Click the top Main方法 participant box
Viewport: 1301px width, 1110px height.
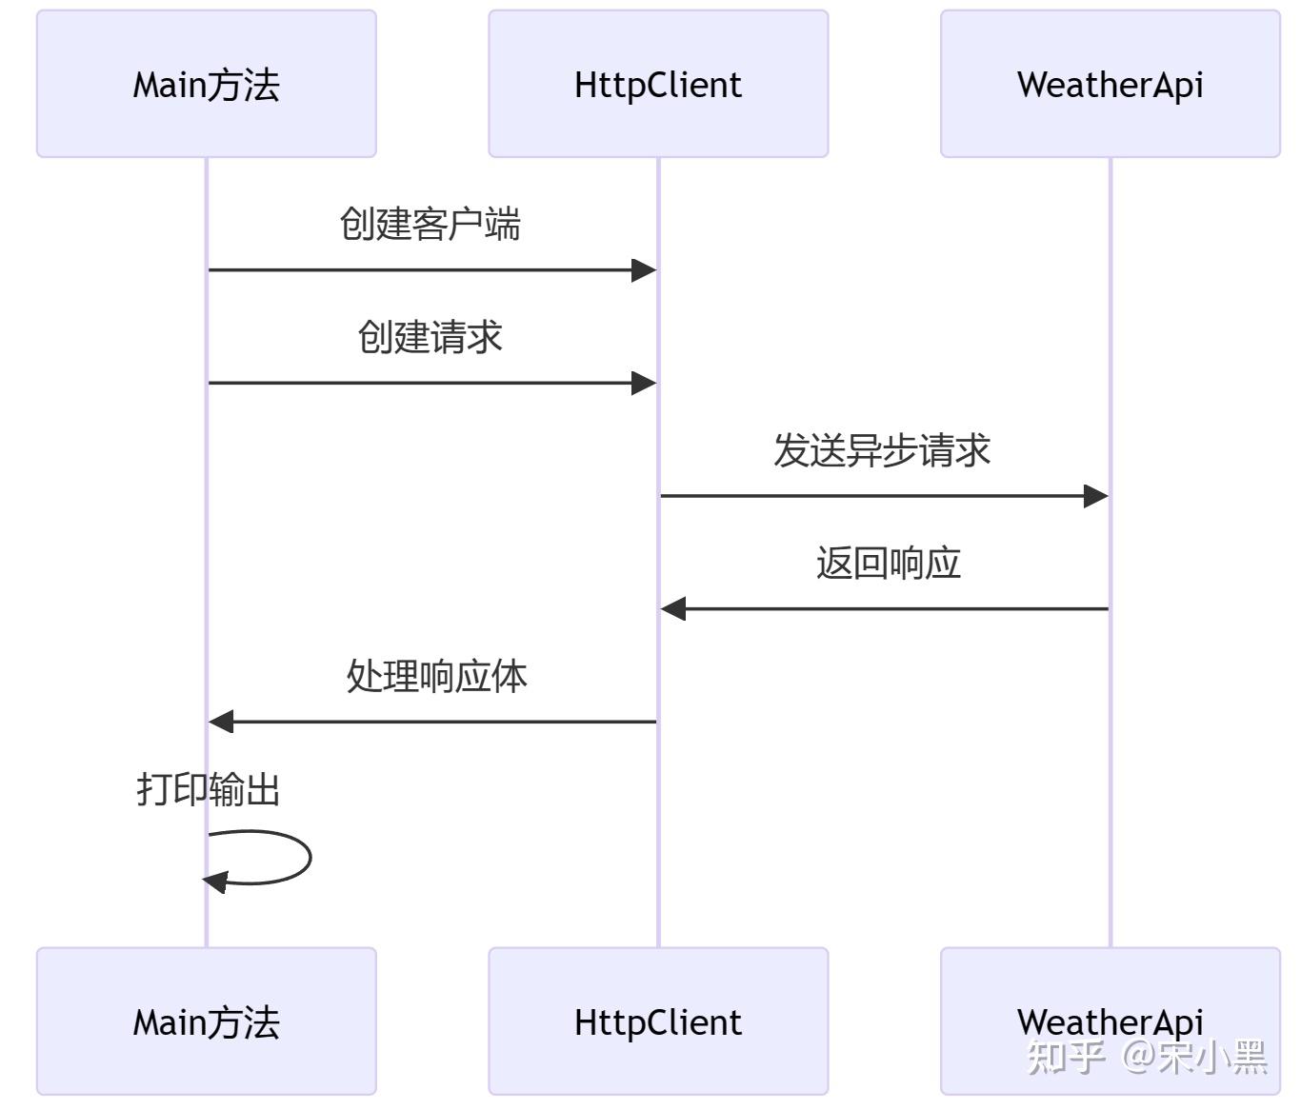(x=207, y=85)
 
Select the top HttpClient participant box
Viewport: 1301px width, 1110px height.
(x=658, y=85)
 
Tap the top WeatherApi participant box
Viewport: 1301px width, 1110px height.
(x=1110, y=85)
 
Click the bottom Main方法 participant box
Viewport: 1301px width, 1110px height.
(x=207, y=1021)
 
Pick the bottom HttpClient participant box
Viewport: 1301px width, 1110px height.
(x=658, y=1021)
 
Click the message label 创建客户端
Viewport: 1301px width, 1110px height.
(x=430, y=225)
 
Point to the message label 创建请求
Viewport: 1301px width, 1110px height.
(x=430, y=337)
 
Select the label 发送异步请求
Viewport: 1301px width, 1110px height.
(x=882, y=450)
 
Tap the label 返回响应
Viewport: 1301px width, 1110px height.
(x=888, y=563)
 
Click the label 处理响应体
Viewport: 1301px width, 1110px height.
(x=436, y=676)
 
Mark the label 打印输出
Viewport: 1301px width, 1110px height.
(x=208, y=789)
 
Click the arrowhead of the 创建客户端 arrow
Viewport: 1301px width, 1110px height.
(x=645, y=270)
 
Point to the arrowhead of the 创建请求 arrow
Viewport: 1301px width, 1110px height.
(x=645, y=384)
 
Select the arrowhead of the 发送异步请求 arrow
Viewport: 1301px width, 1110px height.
(x=1096, y=496)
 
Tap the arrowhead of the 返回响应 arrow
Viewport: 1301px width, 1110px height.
(x=673, y=609)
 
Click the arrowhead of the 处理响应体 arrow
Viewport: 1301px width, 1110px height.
(x=221, y=722)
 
